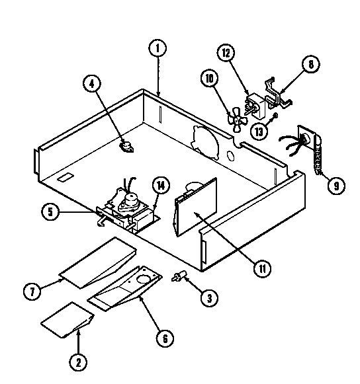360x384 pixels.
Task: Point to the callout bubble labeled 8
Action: point(310,64)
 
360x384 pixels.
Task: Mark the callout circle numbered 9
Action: point(336,186)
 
